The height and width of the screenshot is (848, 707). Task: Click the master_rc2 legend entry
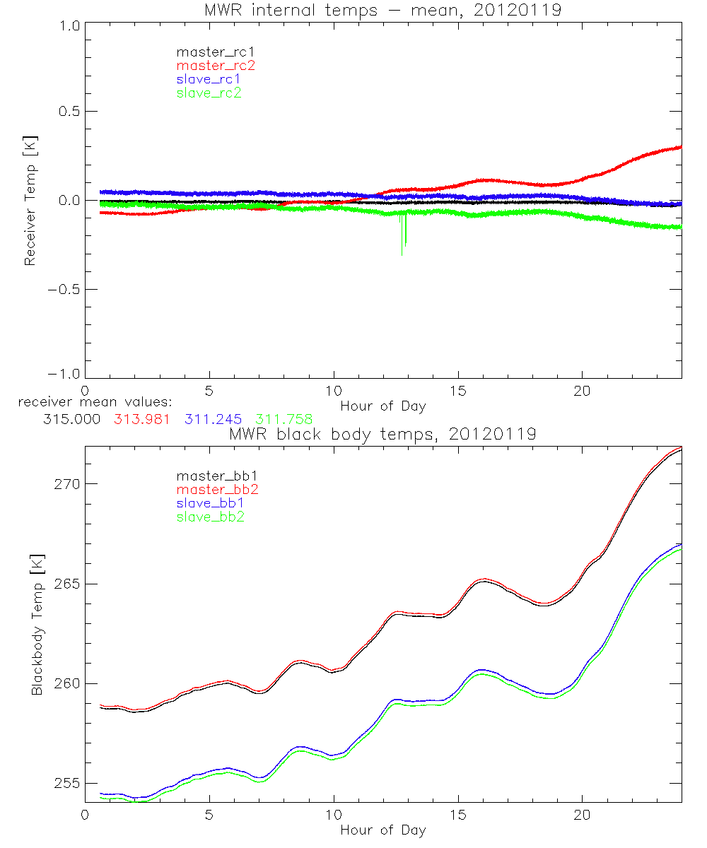coord(216,66)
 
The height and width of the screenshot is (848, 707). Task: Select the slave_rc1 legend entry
coord(209,79)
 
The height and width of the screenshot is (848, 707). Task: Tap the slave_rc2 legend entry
coord(209,93)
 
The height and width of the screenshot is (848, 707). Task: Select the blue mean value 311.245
coord(213,419)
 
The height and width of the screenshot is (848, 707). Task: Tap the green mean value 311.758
coord(284,419)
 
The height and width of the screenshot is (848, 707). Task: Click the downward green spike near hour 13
coord(402,244)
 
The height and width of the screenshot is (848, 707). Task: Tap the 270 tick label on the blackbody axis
coord(64,484)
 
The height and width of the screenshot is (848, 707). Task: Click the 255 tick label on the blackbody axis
coord(64,784)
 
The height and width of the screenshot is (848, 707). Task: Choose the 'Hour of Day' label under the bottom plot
coord(383,830)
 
